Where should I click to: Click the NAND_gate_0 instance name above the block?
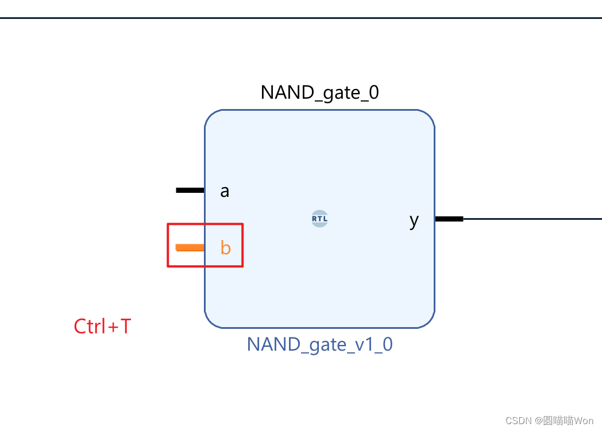click(x=319, y=92)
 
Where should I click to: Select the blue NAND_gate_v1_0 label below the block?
click(x=319, y=344)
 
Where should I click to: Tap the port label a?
click(x=225, y=191)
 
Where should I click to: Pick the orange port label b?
click(x=226, y=248)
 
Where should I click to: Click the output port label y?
click(x=414, y=220)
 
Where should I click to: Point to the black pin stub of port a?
click(x=190, y=190)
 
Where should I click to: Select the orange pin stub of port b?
click(x=190, y=247)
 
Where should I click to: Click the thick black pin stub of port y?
click(x=449, y=219)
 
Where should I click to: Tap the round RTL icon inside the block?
click(x=319, y=219)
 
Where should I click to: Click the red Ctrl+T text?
click(x=102, y=327)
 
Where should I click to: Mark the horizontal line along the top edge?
click(x=301, y=18)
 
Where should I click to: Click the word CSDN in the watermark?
click(x=518, y=421)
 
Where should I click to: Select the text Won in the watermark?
click(x=583, y=421)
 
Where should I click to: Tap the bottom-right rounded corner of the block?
click(x=429, y=323)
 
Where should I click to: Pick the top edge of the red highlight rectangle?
click(x=205, y=224)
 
